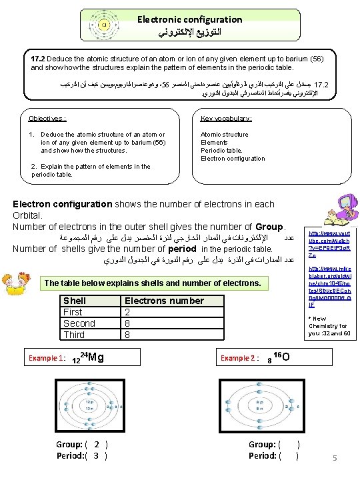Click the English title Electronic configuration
pyautogui.click(x=190, y=19)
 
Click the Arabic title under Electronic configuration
pyautogui.click(x=190, y=32)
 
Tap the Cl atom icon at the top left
pyautogui.click(x=104, y=25)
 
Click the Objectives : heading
pyautogui.click(x=47, y=119)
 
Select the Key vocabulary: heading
pyautogui.click(x=227, y=119)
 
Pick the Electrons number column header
pyautogui.click(x=164, y=301)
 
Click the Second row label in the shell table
pyautogui.click(x=79, y=323)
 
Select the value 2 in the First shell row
pyautogui.click(x=128, y=312)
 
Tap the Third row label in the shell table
pyautogui.click(x=74, y=335)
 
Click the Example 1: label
pyautogui.click(x=47, y=358)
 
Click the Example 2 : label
pyautogui.click(x=239, y=358)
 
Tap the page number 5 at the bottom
pyautogui.click(x=335, y=457)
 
